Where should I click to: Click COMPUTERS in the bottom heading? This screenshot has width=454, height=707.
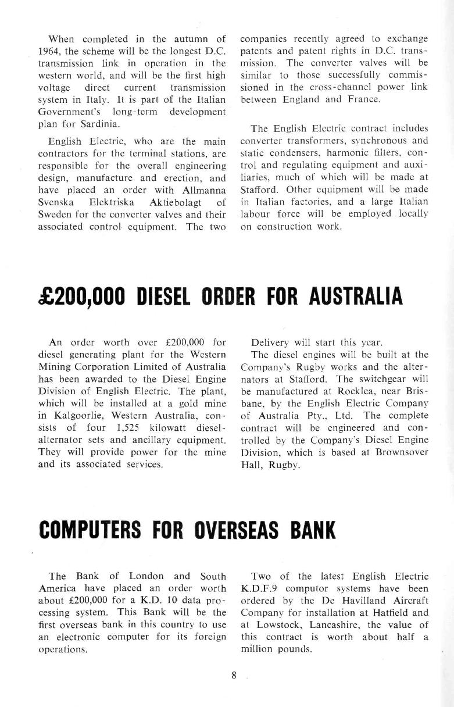[90, 531]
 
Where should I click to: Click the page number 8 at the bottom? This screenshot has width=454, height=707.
[234, 675]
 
